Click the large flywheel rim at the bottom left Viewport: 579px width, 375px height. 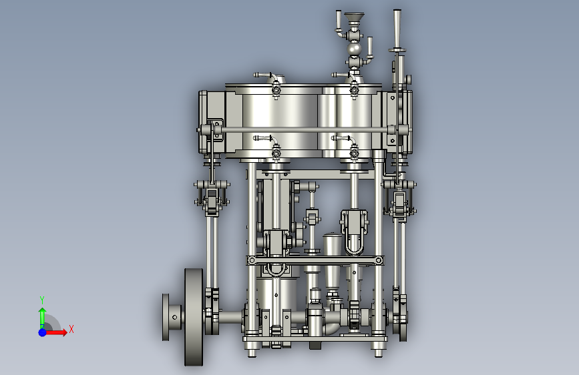pyautogui.click(x=194, y=317)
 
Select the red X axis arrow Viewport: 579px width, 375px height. pyautogui.click(x=55, y=332)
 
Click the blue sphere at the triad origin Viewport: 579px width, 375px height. pyautogui.click(x=43, y=332)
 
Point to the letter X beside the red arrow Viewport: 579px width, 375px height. pyautogui.click(x=71, y=329)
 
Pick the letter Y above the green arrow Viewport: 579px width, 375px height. pyautogui.click(x=42, y=300)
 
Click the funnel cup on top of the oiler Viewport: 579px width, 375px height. pyautogui.click(x=354, y=17)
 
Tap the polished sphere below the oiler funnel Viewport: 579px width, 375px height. pyautogui.click(x=354, y=49)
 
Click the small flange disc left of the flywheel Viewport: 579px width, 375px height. pyautogui.click(x=166, y=317)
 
